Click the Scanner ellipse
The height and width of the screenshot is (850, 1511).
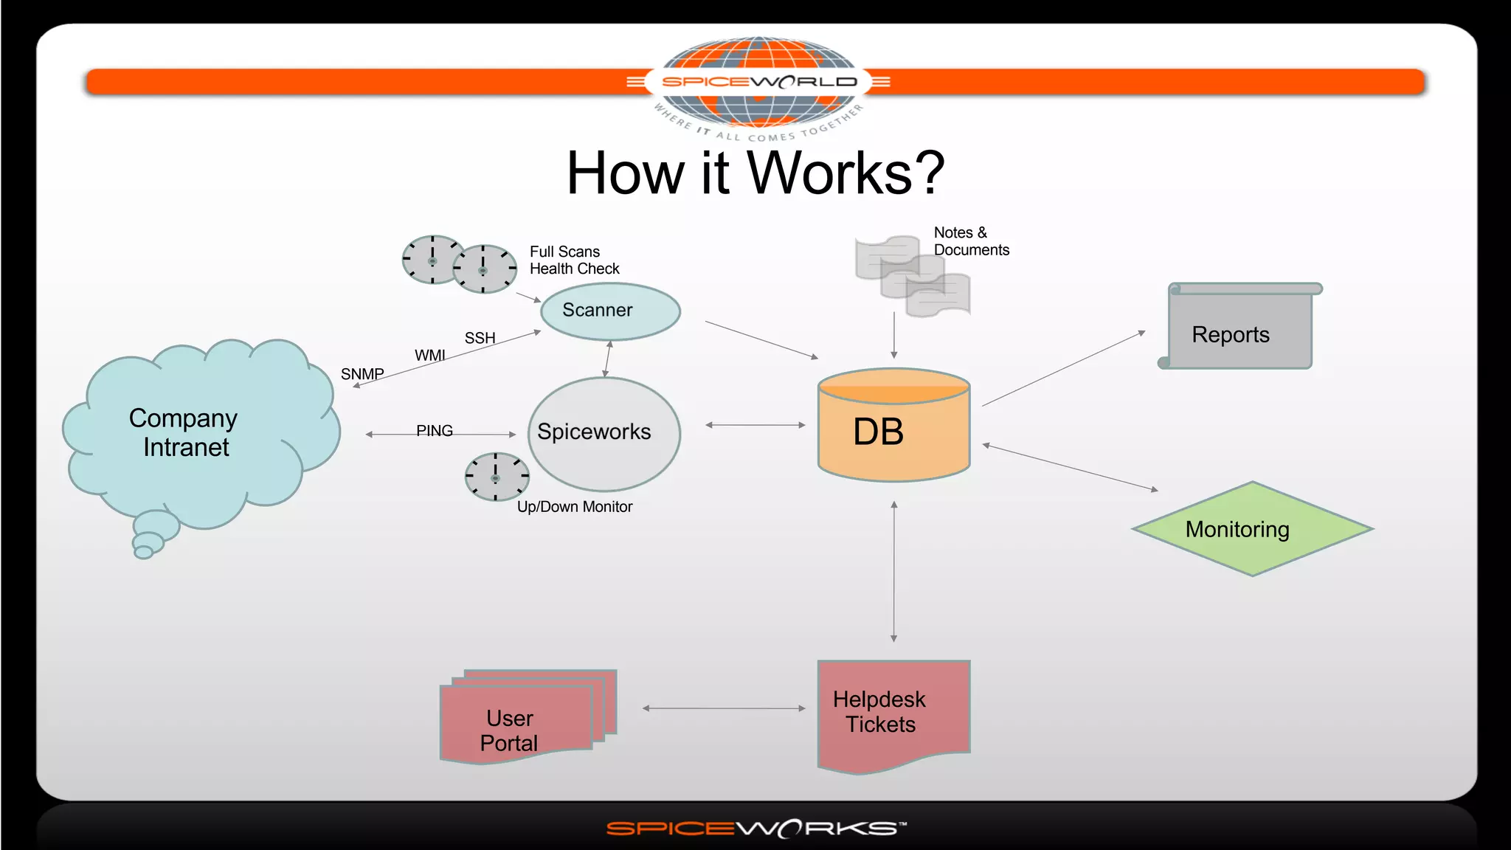[610, 311]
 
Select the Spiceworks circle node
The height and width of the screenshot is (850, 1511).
[604, 433]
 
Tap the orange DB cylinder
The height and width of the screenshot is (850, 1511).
[893, 432]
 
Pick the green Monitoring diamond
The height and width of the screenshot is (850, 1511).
[1252, 529]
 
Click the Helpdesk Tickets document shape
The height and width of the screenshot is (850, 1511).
[893, 712]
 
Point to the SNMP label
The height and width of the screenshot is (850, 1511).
[362, 374]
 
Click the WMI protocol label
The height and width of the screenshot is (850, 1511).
[429, 356]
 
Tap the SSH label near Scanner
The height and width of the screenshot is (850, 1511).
[480, 338]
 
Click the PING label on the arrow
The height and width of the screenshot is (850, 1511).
[434, 430]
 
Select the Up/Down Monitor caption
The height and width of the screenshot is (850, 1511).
[574, 507]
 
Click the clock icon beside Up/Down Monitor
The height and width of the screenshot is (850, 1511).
[497, 477]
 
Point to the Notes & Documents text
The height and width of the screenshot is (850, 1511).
[970, 241]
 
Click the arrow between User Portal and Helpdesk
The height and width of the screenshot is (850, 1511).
[723, 708]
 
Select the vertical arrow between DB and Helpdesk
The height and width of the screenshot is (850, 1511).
[893, 572]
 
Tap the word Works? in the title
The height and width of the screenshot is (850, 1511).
[846, 173]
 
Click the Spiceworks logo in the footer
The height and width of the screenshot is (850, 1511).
[755, 829]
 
